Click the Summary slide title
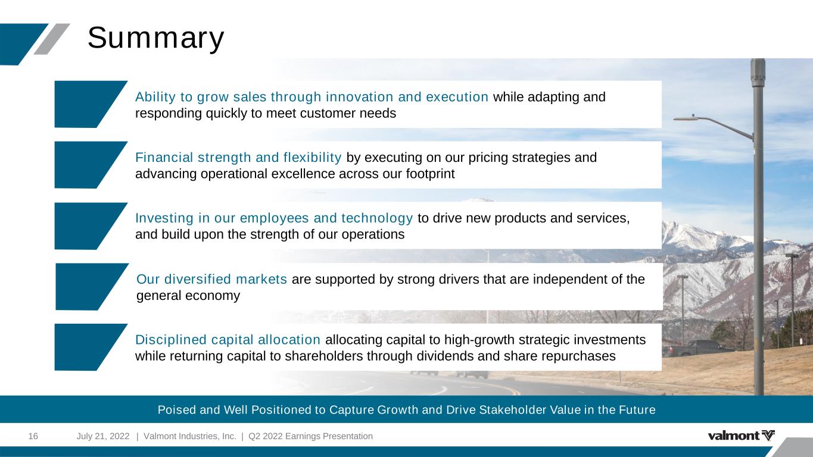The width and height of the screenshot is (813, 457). (x=155, y=39)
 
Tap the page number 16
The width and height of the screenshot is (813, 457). (x=33, y=436)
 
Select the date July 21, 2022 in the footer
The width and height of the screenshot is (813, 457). (x=102, y=436)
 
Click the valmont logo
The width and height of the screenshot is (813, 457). (x=741, y=435)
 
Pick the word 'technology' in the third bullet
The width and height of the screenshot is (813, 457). (x=377, y=218)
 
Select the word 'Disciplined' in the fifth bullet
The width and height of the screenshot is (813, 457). (x=171, y=340)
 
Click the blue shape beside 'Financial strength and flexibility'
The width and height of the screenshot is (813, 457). (x=87, y=165)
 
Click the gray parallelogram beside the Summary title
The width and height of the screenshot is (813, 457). (x=52, y=39)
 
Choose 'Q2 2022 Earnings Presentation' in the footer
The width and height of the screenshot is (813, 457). (x=310, y=436)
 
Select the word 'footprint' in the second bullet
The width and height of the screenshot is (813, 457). (x=430, y=174)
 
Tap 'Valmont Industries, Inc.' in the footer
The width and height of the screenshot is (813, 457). (x=190, y=436)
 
